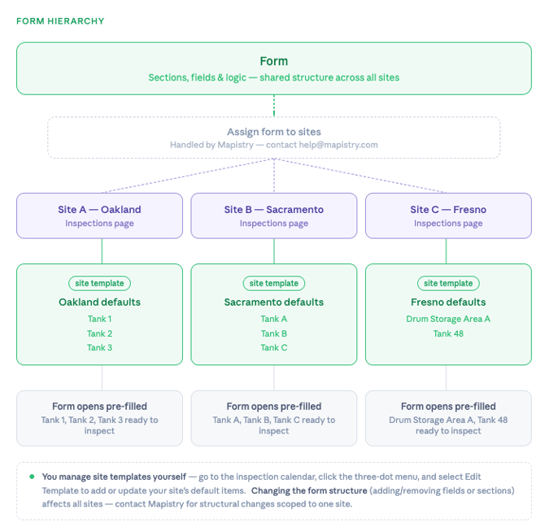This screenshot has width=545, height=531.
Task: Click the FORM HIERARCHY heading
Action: tap(60, 21)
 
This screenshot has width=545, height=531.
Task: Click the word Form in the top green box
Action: tap(273, 61)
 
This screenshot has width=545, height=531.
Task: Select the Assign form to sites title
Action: tap(273, 132)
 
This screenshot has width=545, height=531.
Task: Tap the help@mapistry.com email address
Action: tap(336, 145)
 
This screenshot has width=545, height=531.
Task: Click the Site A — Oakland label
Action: tap(99, 210)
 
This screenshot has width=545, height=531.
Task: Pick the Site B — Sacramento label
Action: tap(273, 210)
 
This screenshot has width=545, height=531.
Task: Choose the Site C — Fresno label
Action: tap(447, 210)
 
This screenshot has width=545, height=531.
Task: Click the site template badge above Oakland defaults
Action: tap(99, 284)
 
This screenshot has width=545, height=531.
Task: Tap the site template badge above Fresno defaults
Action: tap(448, 284)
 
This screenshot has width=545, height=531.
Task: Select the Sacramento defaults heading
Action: tap(273, 302)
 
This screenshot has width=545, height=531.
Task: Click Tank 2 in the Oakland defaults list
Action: tap(99, 333)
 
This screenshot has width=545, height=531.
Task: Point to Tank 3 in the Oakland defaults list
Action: tap(99, 348)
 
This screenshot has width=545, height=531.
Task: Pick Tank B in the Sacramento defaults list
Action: tap(273, 333)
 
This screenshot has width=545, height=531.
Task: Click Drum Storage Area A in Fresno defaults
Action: tap(448, 320)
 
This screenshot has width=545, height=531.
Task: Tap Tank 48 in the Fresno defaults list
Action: tap(448, 333)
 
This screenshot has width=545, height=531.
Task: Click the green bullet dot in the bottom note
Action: tap(32, 477)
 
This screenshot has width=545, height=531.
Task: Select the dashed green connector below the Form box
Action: tap(274, 106)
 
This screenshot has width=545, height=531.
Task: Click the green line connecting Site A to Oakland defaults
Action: tap(101, 251)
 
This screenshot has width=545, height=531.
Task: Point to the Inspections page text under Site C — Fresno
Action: tap(447, 224)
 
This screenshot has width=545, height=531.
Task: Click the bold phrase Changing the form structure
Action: tap(308, 491)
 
